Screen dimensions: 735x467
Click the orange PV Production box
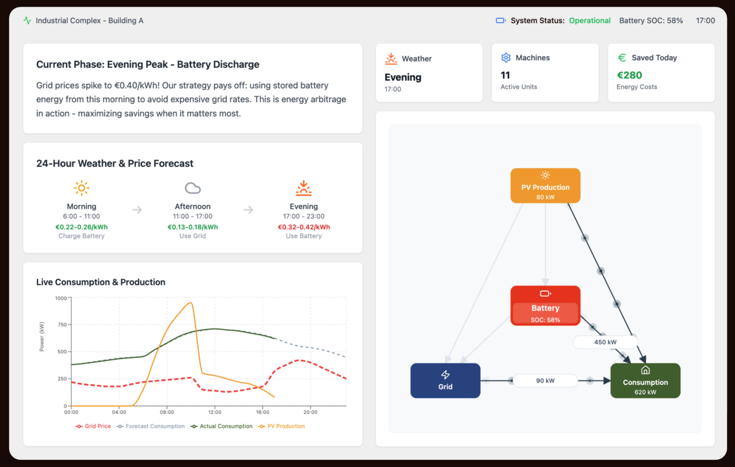tap(545, 185)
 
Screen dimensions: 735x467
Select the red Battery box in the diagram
tap(545, 306)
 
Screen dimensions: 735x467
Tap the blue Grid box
tap(445, 380)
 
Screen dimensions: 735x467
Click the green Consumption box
tap(645, 380)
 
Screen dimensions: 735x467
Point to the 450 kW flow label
tap(605, 342)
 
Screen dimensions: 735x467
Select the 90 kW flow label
tap(545, 380)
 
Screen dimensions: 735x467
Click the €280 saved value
tap(629, 75)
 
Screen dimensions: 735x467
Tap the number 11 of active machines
tap(505, 75)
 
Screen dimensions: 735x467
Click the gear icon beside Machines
tap(506, 58)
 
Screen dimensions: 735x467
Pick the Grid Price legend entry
tap(93, 426)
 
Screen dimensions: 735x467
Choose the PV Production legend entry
tap(282, 426)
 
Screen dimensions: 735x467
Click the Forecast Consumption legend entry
tap(150, 426)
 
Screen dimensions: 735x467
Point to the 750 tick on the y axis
tap(62, 324)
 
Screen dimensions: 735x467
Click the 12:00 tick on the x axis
tap(215, 412)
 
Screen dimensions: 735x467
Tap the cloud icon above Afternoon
tap(193, 188)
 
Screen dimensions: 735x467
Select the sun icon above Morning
tap(81, 188)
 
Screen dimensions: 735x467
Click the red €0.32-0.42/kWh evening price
tap(303, 227)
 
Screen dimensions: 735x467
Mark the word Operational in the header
tap(589, 21)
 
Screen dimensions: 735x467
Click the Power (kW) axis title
tap(42, 337)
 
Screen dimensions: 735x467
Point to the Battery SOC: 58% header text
tap(651, 21)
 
